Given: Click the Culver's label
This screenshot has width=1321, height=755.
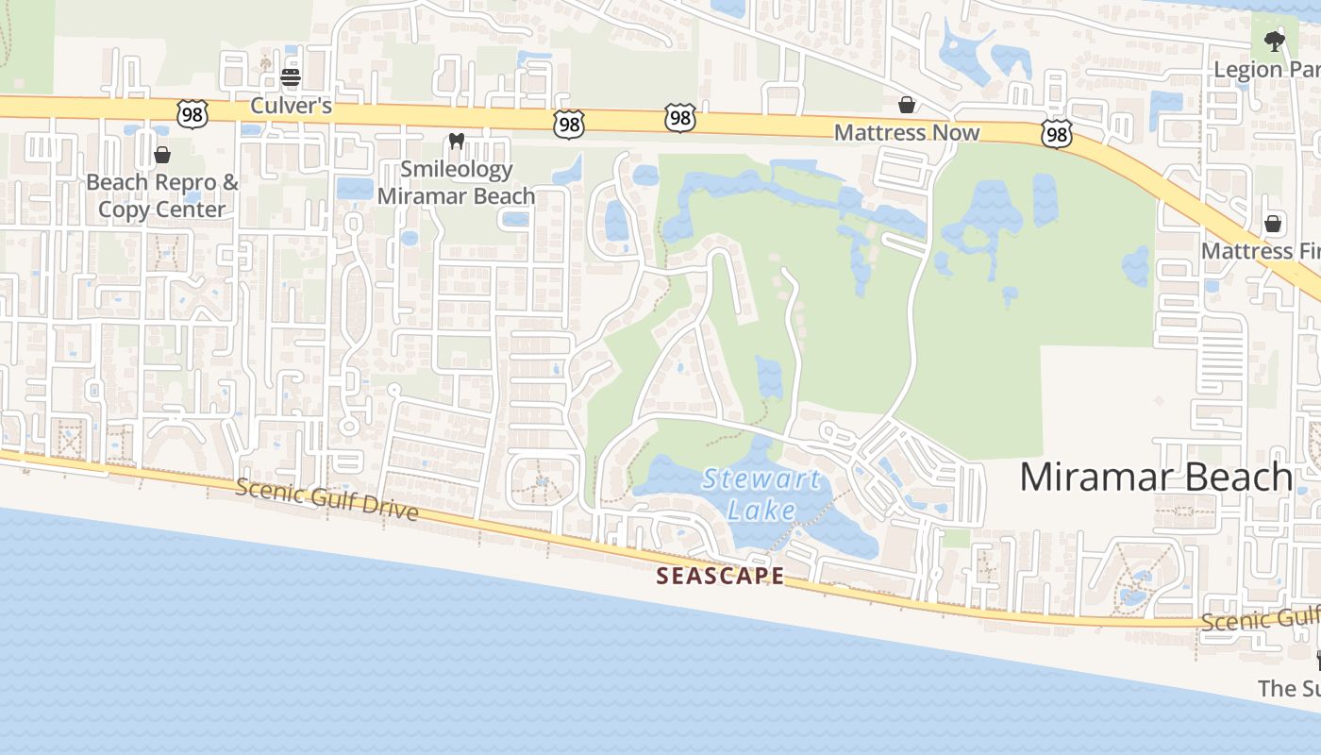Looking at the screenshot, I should pos(291,106).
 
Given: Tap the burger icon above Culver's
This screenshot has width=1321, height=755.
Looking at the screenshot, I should pos(291,76).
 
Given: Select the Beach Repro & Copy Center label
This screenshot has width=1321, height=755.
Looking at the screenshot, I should pos(162,195).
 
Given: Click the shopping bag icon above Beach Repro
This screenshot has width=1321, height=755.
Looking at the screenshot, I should pos(162,154).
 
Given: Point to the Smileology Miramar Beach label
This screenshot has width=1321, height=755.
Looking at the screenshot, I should pos(457,182).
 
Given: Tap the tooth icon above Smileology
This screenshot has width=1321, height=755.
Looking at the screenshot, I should pos(457,141).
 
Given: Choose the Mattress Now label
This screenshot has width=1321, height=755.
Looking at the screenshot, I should pos(907,133).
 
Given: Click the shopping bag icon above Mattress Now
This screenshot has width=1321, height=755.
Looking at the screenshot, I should pos(907,104).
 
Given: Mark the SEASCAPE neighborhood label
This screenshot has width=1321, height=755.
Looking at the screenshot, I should pos(720,576).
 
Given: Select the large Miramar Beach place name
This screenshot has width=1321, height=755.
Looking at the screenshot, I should pos(1156,477).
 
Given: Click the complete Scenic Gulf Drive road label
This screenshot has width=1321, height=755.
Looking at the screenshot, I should pos(326,498).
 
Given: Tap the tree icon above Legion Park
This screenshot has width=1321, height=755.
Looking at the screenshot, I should pos(1275,41).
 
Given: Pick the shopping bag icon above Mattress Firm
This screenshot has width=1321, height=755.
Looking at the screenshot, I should pos(1273,224).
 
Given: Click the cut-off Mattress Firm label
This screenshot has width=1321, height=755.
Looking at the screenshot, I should pos(1261,251).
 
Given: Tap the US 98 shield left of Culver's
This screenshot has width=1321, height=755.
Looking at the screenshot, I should pos(191,112).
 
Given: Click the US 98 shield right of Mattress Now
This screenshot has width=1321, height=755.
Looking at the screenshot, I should pos(1057,134).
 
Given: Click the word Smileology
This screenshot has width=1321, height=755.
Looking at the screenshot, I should pos(457,170).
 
